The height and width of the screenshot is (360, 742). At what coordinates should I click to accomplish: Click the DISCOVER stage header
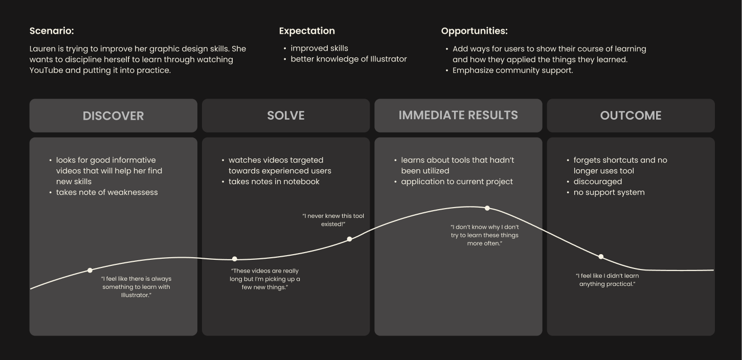[x=113, y=116]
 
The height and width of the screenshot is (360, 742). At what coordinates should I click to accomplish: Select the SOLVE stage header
[x=285, y=116]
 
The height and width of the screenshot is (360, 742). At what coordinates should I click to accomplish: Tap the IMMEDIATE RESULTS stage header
[x=458, y=115]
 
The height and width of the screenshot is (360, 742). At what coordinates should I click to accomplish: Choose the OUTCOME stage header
[x=631, y=116]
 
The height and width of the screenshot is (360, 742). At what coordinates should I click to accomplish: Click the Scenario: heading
[x=52, y=31]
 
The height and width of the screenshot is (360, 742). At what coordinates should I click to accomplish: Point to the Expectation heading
[x=307, y=31]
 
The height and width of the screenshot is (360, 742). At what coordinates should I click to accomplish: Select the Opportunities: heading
[x=474, y=31]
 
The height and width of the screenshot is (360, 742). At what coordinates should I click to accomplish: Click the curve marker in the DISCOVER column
[x=90, y=270]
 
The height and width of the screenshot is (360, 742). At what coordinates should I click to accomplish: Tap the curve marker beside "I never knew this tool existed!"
[x=349, y=239]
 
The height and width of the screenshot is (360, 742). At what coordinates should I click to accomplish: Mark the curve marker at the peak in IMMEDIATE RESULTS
[x=487, y=208]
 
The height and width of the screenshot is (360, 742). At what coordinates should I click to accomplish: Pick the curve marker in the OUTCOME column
[x=601, y=257]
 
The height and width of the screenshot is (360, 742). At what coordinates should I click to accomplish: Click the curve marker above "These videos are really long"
[x=235, y=259]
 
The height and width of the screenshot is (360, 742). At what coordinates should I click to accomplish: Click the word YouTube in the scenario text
[x=47, y=70]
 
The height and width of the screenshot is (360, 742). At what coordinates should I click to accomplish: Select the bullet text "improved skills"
[x=319, y=48]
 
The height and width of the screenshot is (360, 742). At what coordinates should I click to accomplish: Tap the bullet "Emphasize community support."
[x=512, y=70]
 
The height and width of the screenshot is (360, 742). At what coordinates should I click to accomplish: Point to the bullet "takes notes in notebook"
[x=274, y=182]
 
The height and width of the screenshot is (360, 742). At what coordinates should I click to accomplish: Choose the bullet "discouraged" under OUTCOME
[x=597, y=182]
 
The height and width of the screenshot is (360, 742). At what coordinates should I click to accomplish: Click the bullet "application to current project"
[x=457, y=182]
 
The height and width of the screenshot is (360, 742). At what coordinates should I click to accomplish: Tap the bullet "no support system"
[x=609, y=192]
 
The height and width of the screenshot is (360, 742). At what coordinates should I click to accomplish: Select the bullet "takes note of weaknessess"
[x=107, y=192]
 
